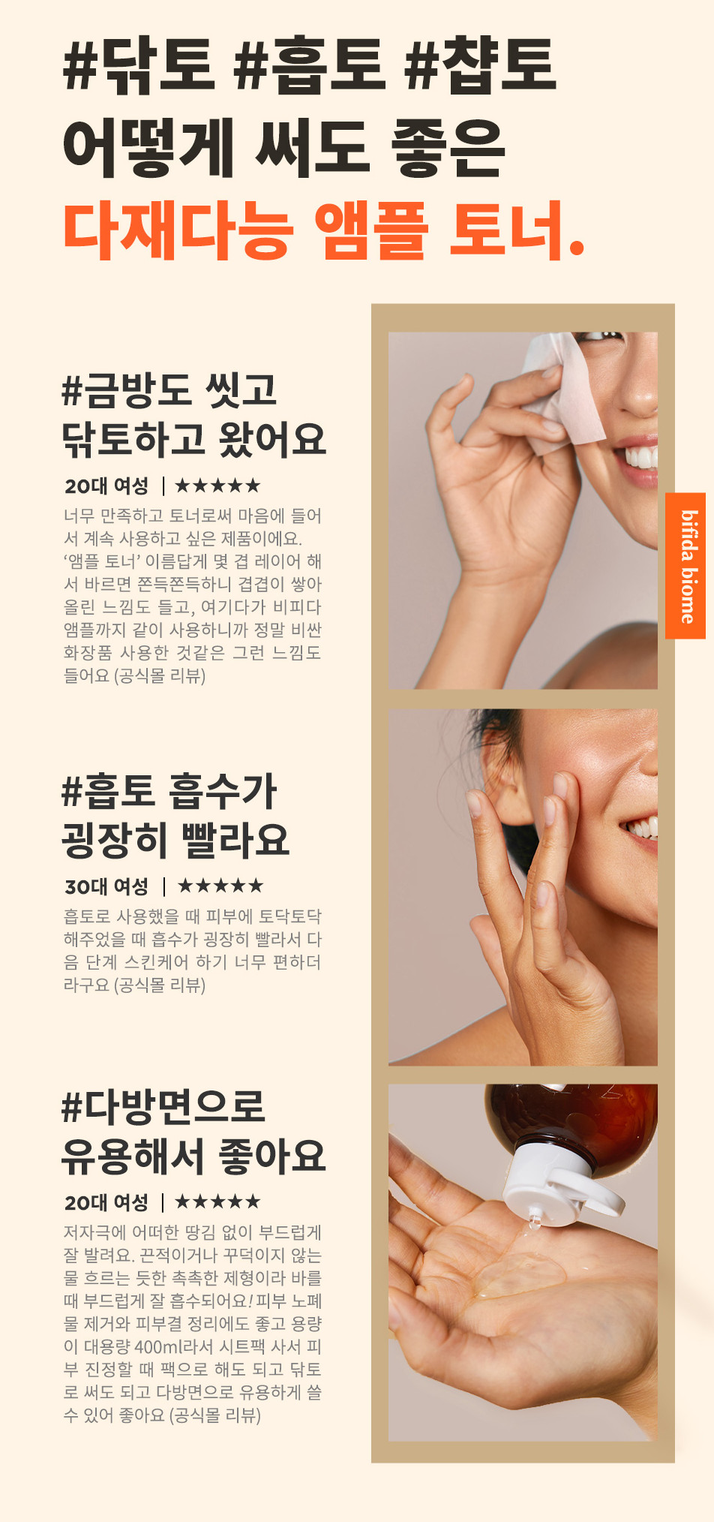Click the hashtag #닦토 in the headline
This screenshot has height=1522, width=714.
point(140,66)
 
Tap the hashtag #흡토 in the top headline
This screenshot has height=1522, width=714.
point(308,66)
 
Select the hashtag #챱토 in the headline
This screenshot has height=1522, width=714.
point(481,66)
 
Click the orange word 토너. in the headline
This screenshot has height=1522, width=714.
point(517,230)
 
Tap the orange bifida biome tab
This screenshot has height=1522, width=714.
point(685,566)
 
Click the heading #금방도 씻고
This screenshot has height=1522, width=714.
point(169,390)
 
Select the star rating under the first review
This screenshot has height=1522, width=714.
point(217,486)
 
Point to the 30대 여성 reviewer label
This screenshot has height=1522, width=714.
point(106,886)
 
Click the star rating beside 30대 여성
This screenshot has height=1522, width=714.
point(220,886)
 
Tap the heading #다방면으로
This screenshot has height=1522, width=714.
point(163,1107)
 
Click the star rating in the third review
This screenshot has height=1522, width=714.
point(217,1202)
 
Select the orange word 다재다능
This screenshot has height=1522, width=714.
point(178,230)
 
